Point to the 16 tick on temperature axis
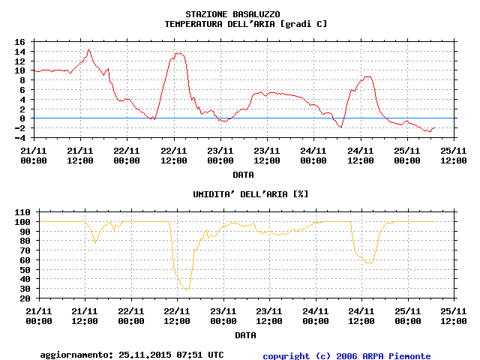[x=21, y=42]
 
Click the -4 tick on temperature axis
[x=21, y=137]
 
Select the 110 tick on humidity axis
[x=18, y=212]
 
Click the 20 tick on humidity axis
[x=21, y=298]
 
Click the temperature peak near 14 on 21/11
[x=89, y=50]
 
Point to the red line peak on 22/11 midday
[x=177, y=52]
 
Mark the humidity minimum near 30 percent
[x=186, y=289]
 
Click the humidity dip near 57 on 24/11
[x=368, y=262]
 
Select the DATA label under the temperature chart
[x=242, y=174]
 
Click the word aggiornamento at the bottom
[x=74, y=355]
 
